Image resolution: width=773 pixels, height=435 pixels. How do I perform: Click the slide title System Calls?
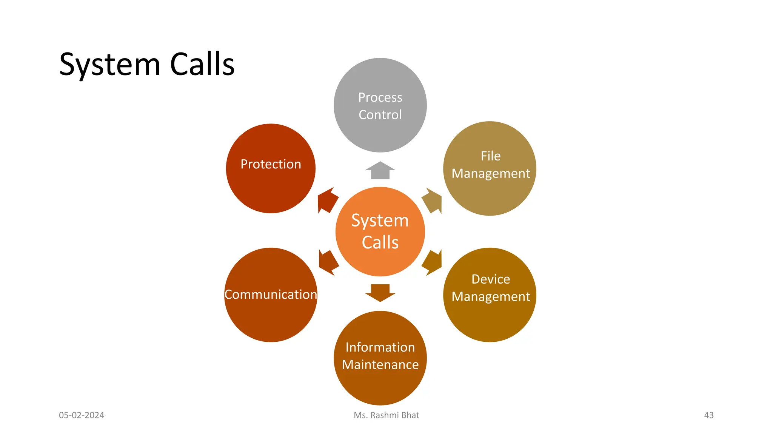point(147,65)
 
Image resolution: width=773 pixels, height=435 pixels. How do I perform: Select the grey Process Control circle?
point(380,105)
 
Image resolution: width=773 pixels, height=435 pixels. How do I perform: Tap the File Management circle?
point(490,168)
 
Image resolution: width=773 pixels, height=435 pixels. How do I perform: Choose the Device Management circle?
point(490,295)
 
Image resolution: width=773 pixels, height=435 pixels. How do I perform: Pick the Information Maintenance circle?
point(380,358)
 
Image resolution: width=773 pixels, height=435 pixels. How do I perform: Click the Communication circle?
point(271,295)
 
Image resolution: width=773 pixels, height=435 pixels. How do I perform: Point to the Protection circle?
point(271,168)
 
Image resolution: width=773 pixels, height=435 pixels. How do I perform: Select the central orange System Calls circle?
point(380,231)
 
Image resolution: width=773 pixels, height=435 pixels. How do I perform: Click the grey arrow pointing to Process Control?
point(380,170)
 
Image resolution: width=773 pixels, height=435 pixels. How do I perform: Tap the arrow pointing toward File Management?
point(433,201)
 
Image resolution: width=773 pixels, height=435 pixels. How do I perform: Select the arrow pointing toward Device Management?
point(433,262)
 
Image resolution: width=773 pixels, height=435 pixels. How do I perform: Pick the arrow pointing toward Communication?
point(328,262)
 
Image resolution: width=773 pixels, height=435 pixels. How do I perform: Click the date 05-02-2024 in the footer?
point(82,415)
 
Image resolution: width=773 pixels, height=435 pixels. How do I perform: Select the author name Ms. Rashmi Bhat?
point(386,415)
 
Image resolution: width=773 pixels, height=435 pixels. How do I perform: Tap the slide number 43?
point(709,415)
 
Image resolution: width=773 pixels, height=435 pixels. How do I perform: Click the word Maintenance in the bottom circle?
point(380,365)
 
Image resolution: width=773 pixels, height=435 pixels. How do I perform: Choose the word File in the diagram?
point(491,156)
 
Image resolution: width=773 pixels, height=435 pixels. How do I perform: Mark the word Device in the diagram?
point(491,279)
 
